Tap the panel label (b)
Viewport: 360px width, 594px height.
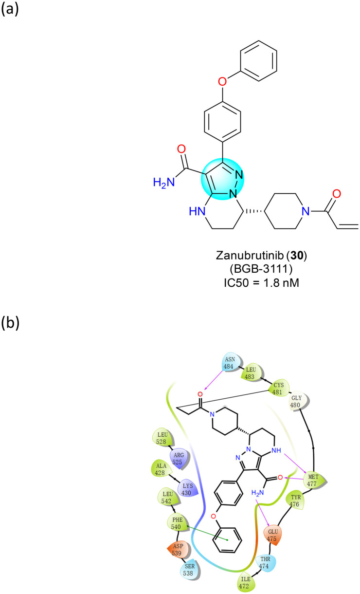pyautogui.click(x=11, y=322)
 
